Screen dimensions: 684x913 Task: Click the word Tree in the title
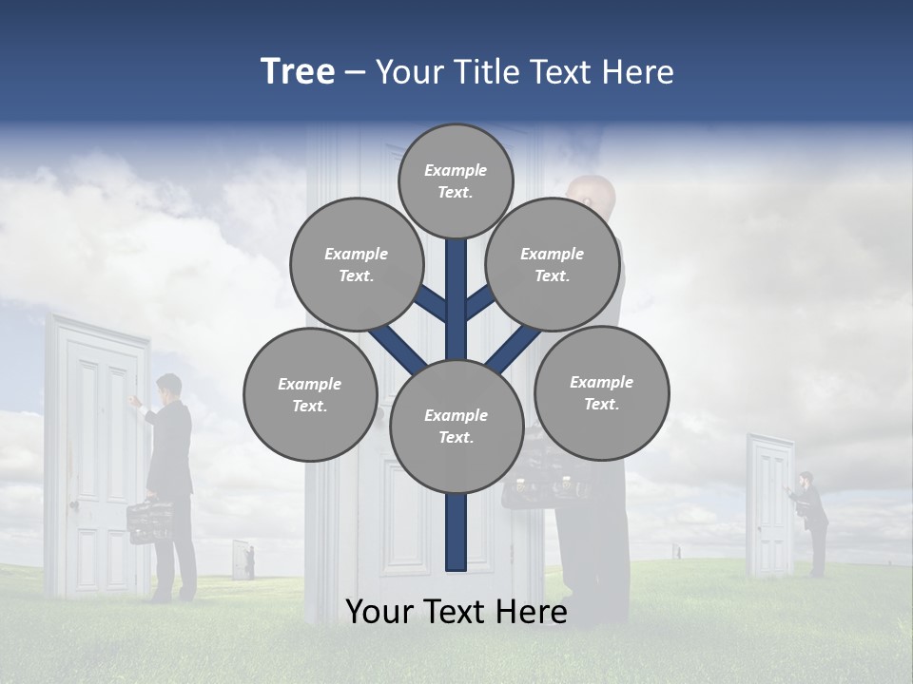298,72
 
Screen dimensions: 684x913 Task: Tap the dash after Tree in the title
356,73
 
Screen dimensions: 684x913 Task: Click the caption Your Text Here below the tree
456,612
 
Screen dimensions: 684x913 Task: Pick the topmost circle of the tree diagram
456,180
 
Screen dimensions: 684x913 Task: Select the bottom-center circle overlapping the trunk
456,426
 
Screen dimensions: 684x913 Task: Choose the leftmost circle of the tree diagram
310,394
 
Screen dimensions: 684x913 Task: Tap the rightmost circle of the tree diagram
601,392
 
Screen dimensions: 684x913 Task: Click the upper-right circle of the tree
553,264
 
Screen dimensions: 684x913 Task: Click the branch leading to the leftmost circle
398,347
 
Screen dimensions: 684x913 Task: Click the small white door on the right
769,505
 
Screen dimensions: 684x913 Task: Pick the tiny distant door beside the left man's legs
241,560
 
